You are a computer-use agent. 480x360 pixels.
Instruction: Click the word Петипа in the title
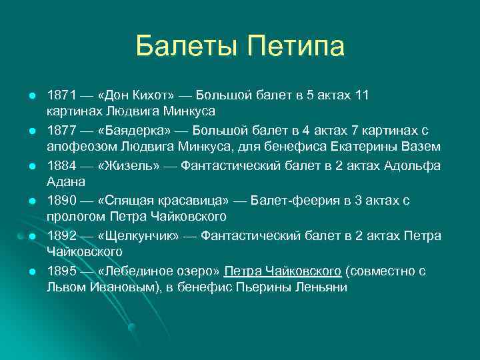(295, 47)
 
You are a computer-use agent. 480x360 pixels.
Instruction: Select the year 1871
(61, 95)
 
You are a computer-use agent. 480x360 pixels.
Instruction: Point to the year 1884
(61, 165)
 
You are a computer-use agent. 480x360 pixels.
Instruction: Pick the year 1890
(61, 201)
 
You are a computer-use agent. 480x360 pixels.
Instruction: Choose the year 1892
(61, 237)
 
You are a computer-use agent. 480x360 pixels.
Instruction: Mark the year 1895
(61, 272)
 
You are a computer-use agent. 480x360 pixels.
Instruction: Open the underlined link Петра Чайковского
(283, 272)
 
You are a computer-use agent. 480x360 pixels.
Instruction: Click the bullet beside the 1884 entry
(31, 166)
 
